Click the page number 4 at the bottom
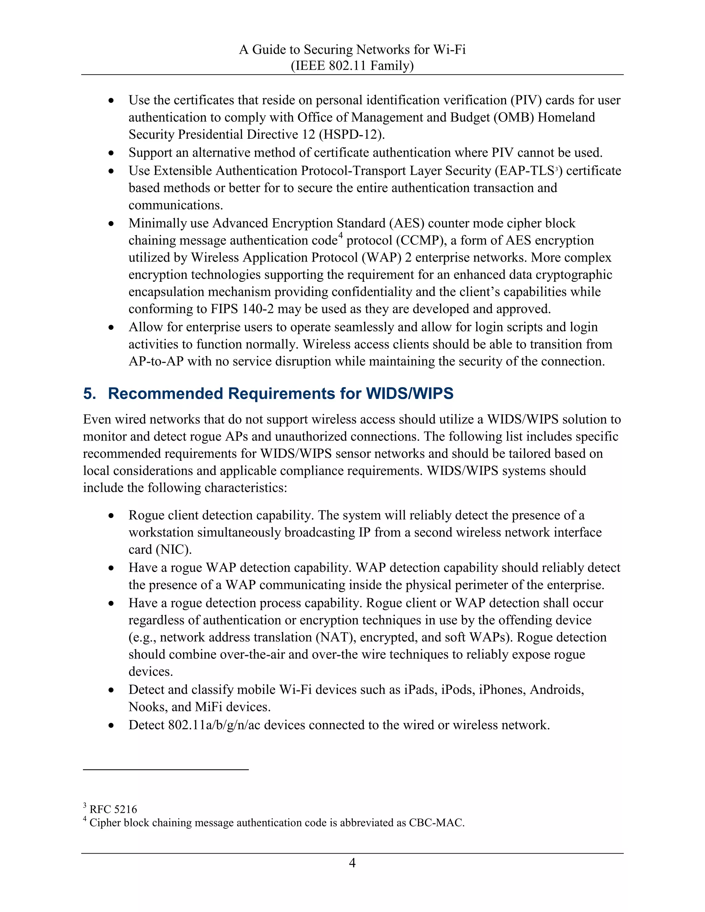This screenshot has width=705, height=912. (352, 863)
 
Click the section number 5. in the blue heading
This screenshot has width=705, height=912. (90, 394)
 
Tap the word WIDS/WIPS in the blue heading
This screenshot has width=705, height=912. (409, 394)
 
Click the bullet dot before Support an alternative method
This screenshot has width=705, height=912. (111, 153)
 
